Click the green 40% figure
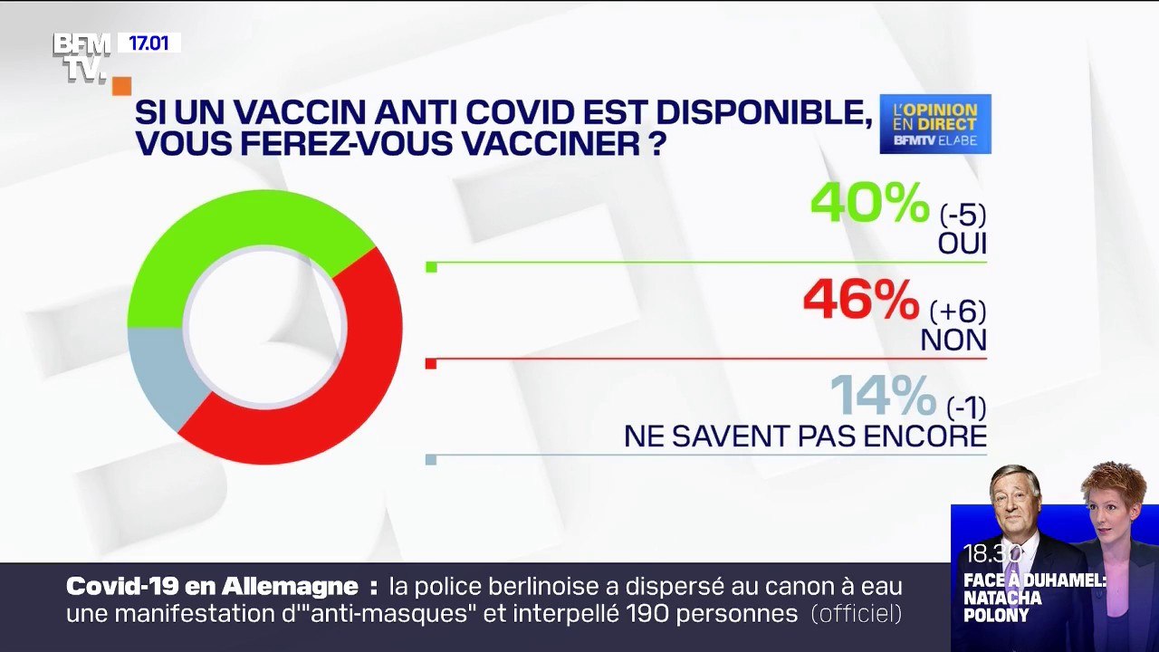[869, 203]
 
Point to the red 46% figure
[861, 302]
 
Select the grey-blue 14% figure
[883, 396]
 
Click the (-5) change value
[961, 216]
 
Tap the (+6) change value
[958, 312]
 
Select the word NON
[953, 340]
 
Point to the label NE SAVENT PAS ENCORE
[805, 436]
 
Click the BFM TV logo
[82, 56]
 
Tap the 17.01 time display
[148, 43]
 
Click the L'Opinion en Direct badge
[934, 124]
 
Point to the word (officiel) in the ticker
[856, 614]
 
